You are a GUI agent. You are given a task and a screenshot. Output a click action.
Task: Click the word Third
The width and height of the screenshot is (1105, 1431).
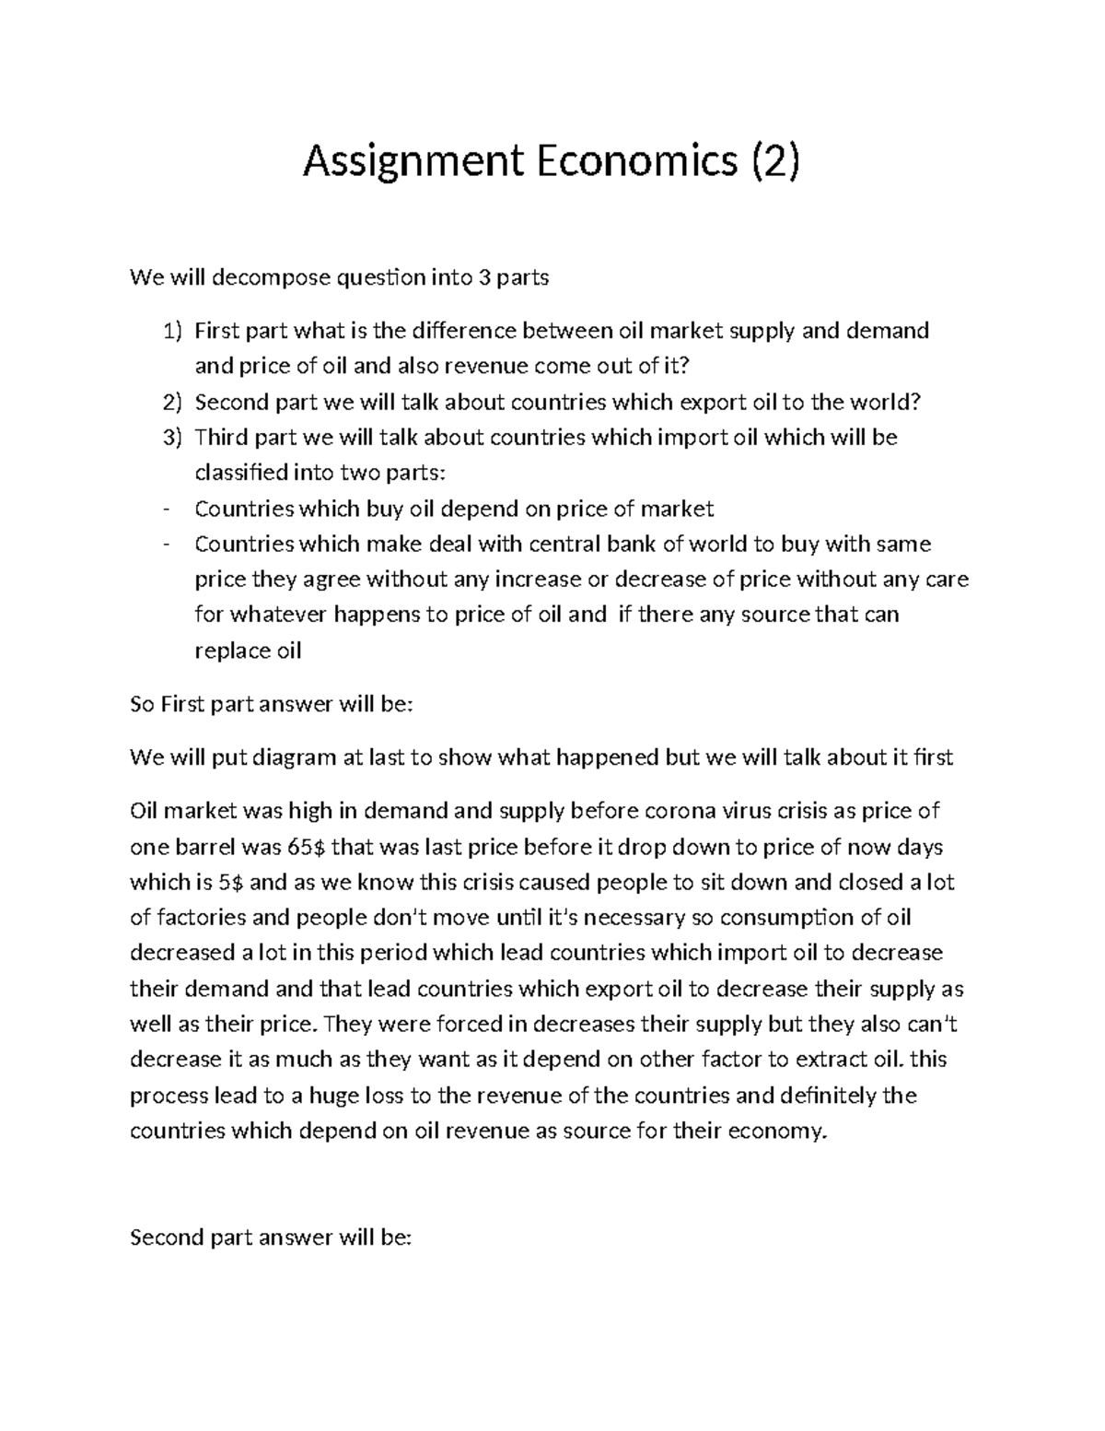[221, 438]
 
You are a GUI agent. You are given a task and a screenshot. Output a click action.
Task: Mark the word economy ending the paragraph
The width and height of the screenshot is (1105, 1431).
[772, 1132]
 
